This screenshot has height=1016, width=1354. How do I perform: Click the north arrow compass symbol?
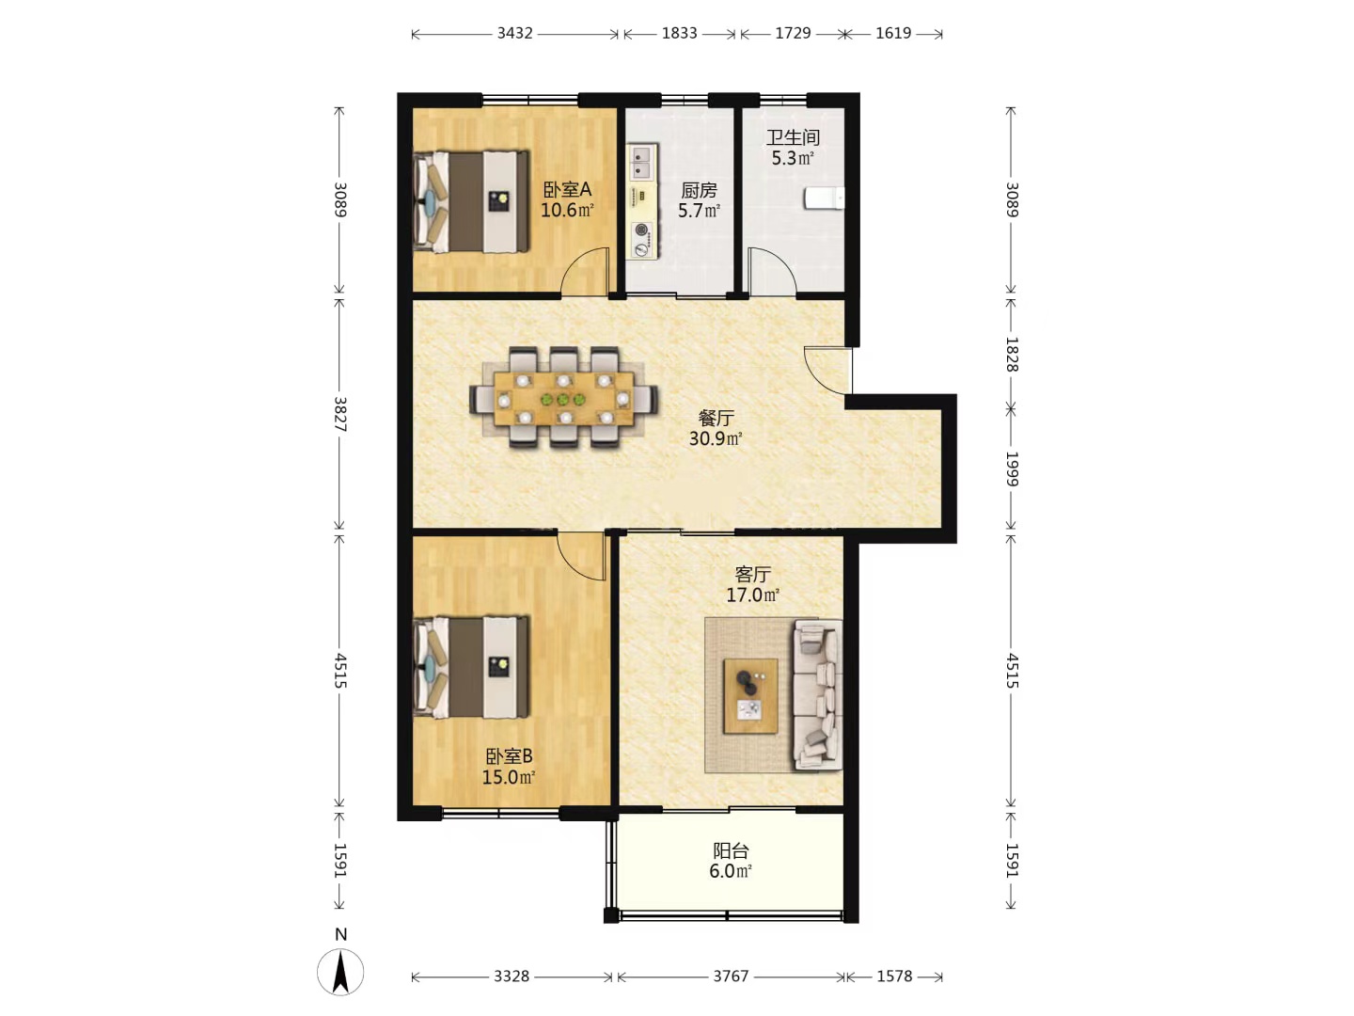pyautogui.click(x=340, y=973)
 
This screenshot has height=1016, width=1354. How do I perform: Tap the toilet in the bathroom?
pyautogui.click(x=824, y=198)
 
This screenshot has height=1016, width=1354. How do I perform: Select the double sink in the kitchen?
pyautogui.click(x=642, y=161)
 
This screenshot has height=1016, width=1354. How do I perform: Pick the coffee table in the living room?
pyautogui.click(x=750, y=696)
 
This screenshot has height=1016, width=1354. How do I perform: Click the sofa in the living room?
pyautogui.click(x=817, y=694)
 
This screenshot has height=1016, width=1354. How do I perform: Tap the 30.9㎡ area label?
pyautogui.click(x=716, y=438)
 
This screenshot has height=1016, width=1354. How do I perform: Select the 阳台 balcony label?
pyautogui.click(x=731, y=851)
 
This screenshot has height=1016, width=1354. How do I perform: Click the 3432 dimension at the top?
pyautogui.click(x=515, y=33)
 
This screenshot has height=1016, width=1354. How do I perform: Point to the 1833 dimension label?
pyautogui.click(x=679, y=33)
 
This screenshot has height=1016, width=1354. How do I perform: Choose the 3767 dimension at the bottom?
pyautogui.click(x=731, y=976)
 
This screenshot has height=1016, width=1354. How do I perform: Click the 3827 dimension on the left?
pyautogui.click(x=339, y=414)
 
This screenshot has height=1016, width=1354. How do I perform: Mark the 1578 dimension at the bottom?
pyautogui.click(x=894, y=976)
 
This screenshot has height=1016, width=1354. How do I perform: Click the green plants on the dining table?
pyautogui.click(x=562, y=400)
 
